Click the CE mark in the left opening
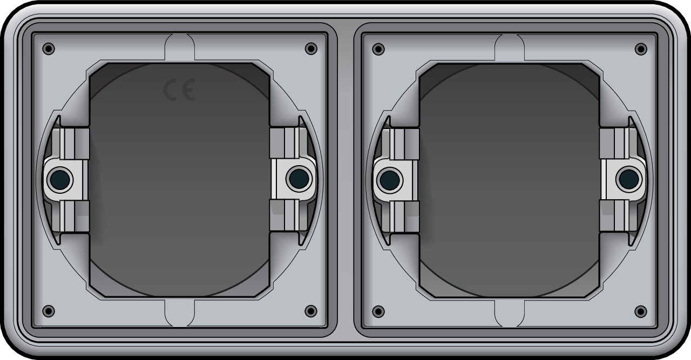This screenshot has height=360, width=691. click(x=179, y=90)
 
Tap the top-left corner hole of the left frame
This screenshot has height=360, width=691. click(x=49, y=49)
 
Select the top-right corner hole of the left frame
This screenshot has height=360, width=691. click(x=311, y=49)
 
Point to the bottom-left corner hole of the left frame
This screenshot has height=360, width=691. click(x=49, y=311)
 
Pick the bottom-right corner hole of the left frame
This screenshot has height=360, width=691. click(x=311, y=311)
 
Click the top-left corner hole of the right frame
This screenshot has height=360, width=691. click(x=378, y=49)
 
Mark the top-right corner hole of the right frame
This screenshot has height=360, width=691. click(x=641, y=49)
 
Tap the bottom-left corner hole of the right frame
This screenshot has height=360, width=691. click(x=378, y=311)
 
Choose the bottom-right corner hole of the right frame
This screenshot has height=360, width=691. click(x=641, y=311)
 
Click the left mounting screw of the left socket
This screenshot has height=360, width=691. click(x=60, y=179)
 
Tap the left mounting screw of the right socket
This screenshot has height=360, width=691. click(x=390, y=179)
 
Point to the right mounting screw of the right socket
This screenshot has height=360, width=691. click(x=628, y=179)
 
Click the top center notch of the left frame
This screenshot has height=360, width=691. click(x=179, y=46)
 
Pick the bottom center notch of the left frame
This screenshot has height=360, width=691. click(x=179, y=313)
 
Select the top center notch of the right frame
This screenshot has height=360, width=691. click(x=510, y=46)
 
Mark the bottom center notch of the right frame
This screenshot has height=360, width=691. click(x=510, y=313)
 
